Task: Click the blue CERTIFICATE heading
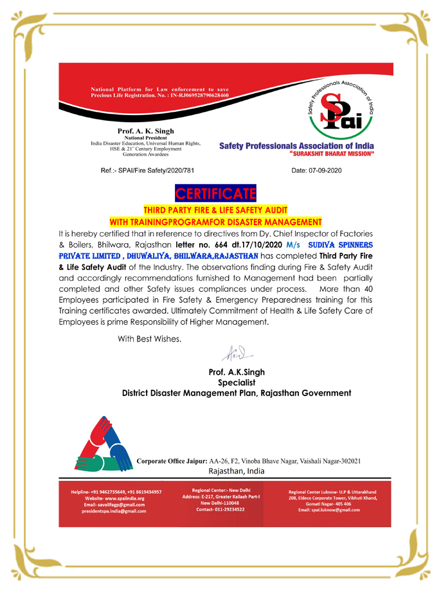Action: [x=216, y=194]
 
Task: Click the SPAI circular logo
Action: [x=340, y=107]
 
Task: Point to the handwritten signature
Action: [x=235, y=353]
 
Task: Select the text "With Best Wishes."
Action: [x=149, y=338]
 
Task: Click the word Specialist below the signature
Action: [x=237, y=382]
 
